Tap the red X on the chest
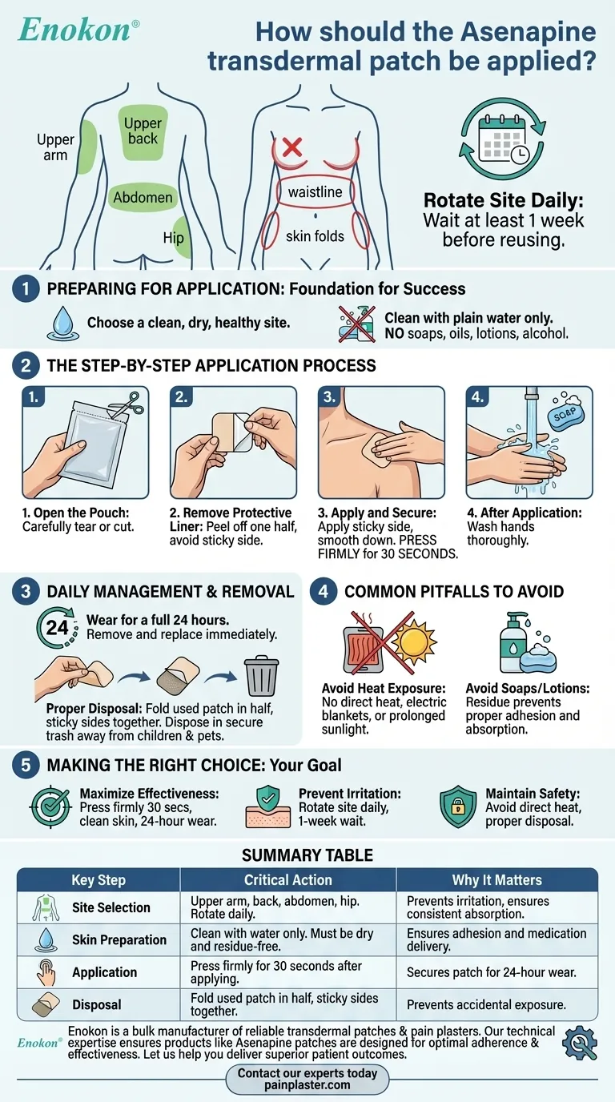291,147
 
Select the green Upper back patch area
143,132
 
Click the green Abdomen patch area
143,198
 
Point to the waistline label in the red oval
315,192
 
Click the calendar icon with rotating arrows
502,139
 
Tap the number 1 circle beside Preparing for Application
26,289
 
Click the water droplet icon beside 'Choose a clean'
63,324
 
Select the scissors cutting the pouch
129,404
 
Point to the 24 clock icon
57,627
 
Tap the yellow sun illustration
414,640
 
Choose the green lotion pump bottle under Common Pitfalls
513,642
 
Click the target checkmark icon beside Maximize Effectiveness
50,806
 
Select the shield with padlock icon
458,806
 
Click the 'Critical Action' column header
288,879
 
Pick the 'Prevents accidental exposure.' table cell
486,1004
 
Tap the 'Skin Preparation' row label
119,939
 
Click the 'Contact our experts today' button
307,1079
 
